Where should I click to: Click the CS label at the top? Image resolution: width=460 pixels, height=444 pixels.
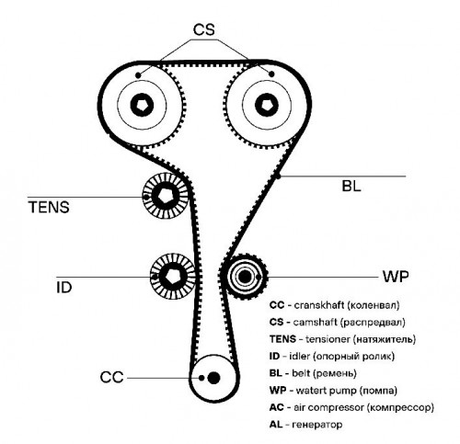(203, 29)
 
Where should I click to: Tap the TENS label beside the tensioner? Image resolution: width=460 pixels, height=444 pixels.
(49, 207)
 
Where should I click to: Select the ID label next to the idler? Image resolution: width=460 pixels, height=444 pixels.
(64, 288)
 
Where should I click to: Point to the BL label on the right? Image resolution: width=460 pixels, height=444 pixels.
(351, 186)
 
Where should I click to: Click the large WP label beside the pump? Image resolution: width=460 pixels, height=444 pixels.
(396, 277)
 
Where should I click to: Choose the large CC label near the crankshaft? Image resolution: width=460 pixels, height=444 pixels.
(111, 377)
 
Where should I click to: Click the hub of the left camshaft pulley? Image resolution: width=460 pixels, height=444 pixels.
(142, 105)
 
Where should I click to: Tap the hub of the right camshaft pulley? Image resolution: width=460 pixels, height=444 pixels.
(267, 105)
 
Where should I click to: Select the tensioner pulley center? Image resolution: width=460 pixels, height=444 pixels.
(166, 196)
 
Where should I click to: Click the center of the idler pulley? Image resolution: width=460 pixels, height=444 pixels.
(173, 277)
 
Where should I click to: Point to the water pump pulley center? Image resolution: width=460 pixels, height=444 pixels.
(245, 277)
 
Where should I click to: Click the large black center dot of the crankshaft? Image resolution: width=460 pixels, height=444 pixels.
(213, 378)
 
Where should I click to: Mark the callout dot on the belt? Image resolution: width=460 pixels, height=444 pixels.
(278, 176)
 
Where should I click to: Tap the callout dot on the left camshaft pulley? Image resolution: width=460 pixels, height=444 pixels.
(138, 74)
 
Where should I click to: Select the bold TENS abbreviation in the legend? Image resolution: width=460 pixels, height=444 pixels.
(282, 339)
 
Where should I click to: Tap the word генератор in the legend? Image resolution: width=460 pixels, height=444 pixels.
(317, 425)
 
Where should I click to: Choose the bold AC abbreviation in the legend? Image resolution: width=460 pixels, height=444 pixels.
(277, 407)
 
